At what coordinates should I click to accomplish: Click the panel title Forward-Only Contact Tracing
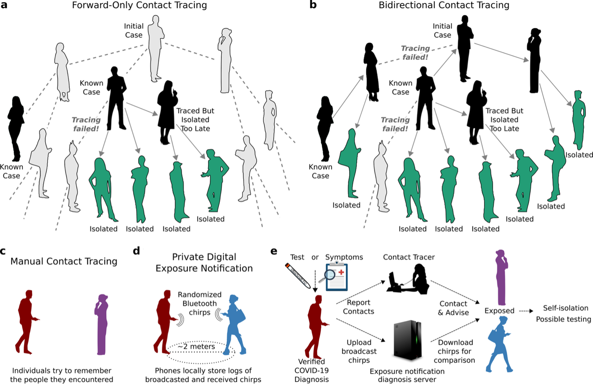[x=139, y=5]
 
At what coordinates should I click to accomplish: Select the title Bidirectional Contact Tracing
[x=444, y=5]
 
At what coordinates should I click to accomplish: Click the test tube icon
[x=298, y=275]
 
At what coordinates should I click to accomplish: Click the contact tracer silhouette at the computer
[x=408, y=279]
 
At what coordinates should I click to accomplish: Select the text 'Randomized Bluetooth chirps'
[x=199, y=303]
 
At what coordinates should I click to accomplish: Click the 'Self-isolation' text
[x=566, y=308]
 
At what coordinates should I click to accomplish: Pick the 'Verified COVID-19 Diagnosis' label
[x=311, y=370]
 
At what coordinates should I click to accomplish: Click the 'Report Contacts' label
[x=358, y=307]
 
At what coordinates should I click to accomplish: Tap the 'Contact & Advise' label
[x=453, y=308]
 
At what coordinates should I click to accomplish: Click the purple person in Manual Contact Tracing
[x=102, y=324]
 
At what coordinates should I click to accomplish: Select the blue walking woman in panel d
[x=233, y=324]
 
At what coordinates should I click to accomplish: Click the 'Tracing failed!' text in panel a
[x=86, y=124]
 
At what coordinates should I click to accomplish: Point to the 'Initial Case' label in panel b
[x=442, y=30]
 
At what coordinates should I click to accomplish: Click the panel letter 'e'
[x=274, y=251]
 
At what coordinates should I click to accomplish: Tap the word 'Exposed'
[x=499, y=311]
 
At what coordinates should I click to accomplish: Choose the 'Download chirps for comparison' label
[x=454, y=351]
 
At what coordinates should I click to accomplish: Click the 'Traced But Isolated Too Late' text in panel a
[x=195, y=119]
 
